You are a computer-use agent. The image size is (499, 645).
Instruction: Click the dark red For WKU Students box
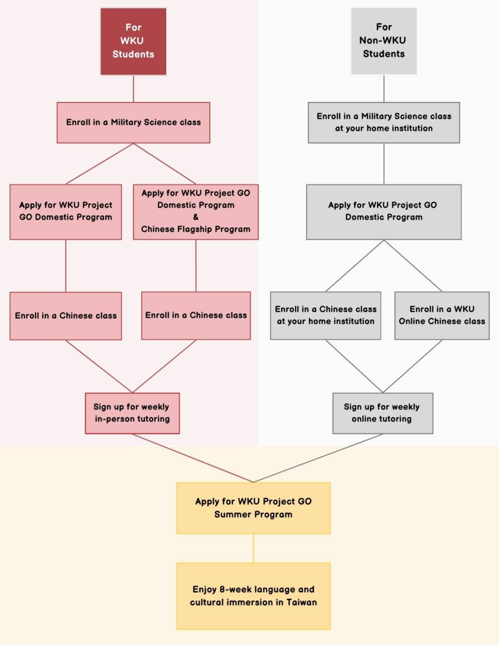(133, 41)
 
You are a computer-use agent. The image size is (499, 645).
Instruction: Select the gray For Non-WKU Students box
(384, 41)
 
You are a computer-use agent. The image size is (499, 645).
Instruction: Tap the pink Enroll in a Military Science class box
(133, 123)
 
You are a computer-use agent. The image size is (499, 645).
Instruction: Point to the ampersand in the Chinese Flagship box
(196, 217)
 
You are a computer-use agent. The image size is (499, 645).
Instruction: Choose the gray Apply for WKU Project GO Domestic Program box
(384, 211)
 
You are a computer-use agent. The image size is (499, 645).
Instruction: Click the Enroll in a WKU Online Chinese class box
(442, 315)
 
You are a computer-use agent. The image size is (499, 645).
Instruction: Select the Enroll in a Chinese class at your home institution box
(325, 315)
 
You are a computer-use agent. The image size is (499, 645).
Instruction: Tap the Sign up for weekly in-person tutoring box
(132, 413)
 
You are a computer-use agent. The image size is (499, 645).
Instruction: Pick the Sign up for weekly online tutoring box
(382, 413)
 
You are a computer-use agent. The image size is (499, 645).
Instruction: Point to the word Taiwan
(301, 602)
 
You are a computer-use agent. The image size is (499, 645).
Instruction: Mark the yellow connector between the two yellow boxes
(253, 548)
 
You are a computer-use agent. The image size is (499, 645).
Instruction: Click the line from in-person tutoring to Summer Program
(192, 458)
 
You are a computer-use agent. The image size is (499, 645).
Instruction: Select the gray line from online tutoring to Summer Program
(318, 458)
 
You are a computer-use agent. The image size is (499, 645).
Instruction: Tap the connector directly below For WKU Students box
(133, 88)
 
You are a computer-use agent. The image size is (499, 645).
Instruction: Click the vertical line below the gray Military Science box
(384, 163)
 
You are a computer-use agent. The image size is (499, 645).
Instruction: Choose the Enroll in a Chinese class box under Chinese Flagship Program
(196, 316)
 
